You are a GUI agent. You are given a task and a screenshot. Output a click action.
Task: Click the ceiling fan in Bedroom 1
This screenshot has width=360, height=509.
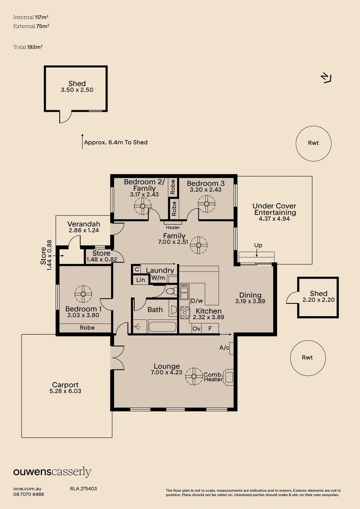[x=83, y=295]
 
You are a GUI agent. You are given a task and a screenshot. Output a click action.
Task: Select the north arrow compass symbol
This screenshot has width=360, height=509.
[x=326, y=78]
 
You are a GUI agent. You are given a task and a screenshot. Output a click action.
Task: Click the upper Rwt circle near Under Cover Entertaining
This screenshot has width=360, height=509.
[x=313, y=143]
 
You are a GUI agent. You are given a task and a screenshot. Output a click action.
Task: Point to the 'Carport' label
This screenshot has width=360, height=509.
[x=65, y=385]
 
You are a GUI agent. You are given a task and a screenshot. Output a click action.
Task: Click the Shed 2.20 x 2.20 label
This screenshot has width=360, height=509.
[x=318, y=296]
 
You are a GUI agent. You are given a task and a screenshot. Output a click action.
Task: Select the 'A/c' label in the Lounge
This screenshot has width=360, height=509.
[x=224, y=348]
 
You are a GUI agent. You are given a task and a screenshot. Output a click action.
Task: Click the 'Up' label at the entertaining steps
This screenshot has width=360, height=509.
[x=258, y=246]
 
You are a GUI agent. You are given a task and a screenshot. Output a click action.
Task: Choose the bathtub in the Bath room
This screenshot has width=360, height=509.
[x=162, y=327]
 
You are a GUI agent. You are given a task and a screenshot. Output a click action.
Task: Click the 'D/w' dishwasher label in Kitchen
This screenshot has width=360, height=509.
[x=196, y=301]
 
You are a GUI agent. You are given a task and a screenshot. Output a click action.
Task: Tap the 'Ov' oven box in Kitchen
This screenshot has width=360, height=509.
[x=196, y=328]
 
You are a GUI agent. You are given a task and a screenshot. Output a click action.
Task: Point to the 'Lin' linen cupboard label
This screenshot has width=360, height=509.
[x=140, y=279]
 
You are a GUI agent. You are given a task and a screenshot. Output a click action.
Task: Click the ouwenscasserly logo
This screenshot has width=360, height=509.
[x=52, y=472]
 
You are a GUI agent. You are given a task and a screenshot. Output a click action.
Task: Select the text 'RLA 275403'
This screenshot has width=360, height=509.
[x=83, y=489]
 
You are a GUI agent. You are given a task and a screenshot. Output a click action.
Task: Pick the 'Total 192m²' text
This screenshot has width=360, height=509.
[x=28, y=47]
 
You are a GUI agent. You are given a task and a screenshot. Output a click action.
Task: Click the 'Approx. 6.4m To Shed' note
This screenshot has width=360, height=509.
[x=115, y=142]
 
